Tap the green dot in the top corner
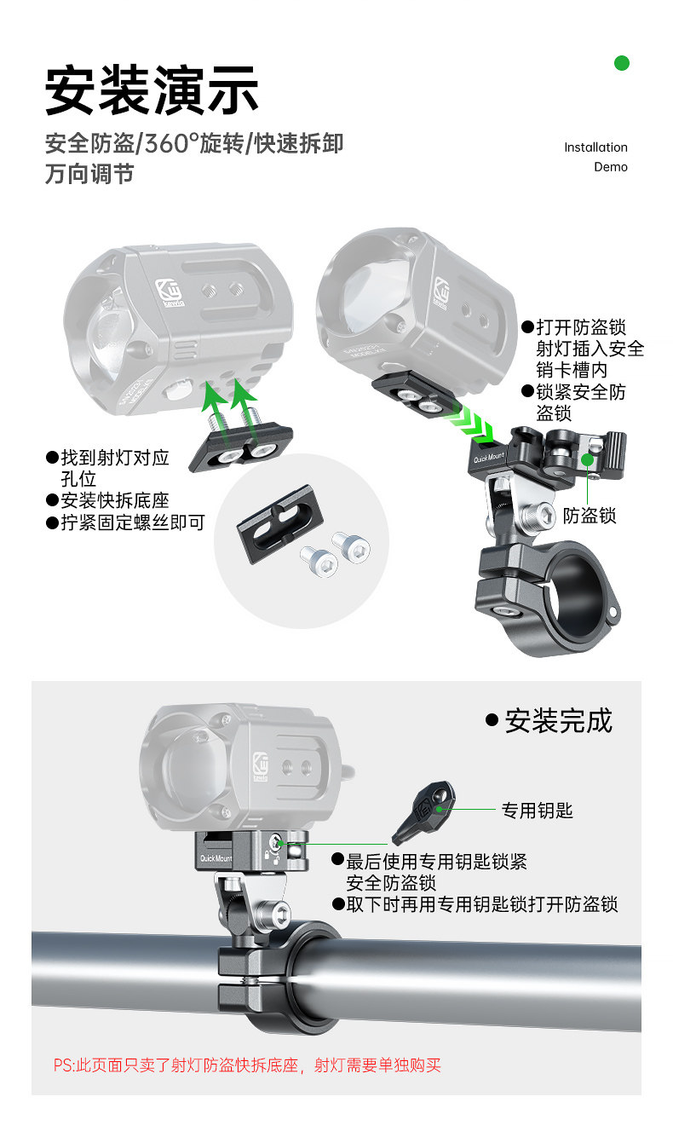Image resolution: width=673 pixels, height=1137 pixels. coord(622,62)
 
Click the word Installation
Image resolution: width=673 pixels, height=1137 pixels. coord(595,147)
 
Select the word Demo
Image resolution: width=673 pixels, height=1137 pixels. coord(610,167)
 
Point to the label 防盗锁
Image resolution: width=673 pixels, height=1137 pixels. coord(590,515)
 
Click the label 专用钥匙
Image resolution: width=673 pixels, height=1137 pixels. coord(537,811)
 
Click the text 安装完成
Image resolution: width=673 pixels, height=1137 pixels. coord(558,721)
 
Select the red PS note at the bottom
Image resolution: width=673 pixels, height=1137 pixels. coord(247,1065)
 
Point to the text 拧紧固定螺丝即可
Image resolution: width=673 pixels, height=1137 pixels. coord(132,522)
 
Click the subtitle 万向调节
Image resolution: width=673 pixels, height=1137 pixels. coord(89,174)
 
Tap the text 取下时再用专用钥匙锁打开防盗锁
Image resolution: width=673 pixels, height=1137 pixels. coord(481,904)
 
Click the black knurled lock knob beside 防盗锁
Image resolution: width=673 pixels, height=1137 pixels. coord(613,443)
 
